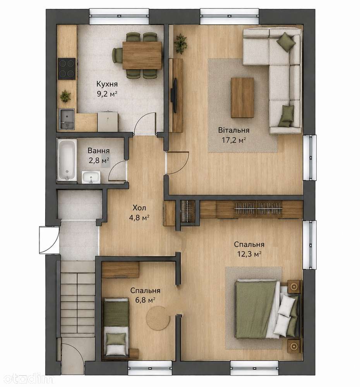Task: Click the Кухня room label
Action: click(x=107, y=84)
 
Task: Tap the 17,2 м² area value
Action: click(x=233, y=140)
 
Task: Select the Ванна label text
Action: click(x=99, y=151)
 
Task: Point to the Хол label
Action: click(x=139, y=208)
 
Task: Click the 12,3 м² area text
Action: click(x=249, y=254)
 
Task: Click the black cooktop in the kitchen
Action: click(x=67, y=68)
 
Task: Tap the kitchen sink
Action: click(x=67, y=119)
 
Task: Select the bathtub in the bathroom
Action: click(x=67, y=160)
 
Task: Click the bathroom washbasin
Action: click(x=91, y=177)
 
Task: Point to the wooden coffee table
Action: click(x=242, y=98)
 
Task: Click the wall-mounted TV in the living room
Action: click(x=175, y=96)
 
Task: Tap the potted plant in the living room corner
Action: click(x=180, y=43)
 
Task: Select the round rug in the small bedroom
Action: click(x=158, y=318)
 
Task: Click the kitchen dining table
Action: click(x=142, y=55)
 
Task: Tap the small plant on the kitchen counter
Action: click(x=65, y=96)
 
